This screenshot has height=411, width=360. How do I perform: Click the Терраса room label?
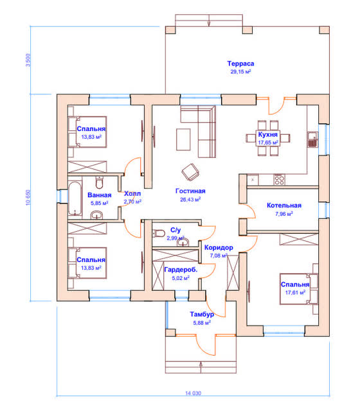pyautogui.click(x=240, y=64)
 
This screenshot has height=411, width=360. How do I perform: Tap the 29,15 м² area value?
pyautogui.click(x=240, y=71)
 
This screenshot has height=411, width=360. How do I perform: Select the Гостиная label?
pyautogui.click(x=190, y=191)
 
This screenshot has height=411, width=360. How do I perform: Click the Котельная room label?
pyautogui.click(x=284, y=205)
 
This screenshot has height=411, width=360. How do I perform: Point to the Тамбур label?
pyautogui.click(x=202, y=314)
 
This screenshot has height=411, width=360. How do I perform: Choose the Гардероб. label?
pyautogui.click(x=181, y=270)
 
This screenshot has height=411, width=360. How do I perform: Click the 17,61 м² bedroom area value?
pyautogui.click(x=295, y=293)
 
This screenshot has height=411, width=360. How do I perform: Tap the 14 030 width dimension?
pyautogui.click(x=193, y=393)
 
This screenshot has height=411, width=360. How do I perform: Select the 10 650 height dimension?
pyautogui.click(x=28, y=197)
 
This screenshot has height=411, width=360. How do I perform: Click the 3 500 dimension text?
pyautogui.click(x=28, y=60)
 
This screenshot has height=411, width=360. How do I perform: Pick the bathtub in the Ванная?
pyautogui.click(x=75, y=198)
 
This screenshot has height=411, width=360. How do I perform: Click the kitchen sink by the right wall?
pyautogui.click(x=312, y=139)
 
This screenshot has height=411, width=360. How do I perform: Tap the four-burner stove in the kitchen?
pyautogui.click(x=279, y=180)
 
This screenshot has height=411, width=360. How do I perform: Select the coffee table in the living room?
pyautogui.click(x=183, y=139)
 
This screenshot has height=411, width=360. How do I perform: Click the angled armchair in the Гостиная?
pyautogui.click(x=190, y=172)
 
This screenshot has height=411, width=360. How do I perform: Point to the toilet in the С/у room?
pyautogui.click(x=158, y=233)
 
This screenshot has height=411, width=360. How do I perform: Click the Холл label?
pyautogui.click(x=132, y=194)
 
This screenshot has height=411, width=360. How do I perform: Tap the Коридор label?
pyautogui.click(x=219, y=247)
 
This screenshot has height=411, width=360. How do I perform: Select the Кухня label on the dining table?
pyautogui.click(x=267, y=134)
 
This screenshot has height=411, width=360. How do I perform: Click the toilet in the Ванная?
pyautogui.click(x=100, y=182)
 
